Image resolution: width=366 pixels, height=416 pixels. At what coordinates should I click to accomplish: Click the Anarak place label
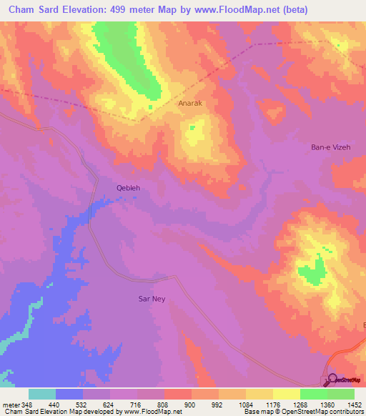tap(190, 103)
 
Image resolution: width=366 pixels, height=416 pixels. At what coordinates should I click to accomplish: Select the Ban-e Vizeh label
tap(330, 147)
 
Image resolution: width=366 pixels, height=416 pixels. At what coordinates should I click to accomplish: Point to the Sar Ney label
tap(152, 299)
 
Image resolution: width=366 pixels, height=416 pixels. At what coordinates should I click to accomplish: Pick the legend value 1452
tap(354, 404)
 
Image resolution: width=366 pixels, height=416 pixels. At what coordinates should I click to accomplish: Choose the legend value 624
tap(109, 404)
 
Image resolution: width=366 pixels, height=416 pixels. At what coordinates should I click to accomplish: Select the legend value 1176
tap(272, 404)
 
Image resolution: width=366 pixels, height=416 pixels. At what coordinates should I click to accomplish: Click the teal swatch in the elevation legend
tap(41, 394)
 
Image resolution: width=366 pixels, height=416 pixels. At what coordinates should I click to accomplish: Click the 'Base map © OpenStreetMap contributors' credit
tap(303, 412)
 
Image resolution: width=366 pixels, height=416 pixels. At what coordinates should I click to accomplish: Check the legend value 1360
tap(327, 404)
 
